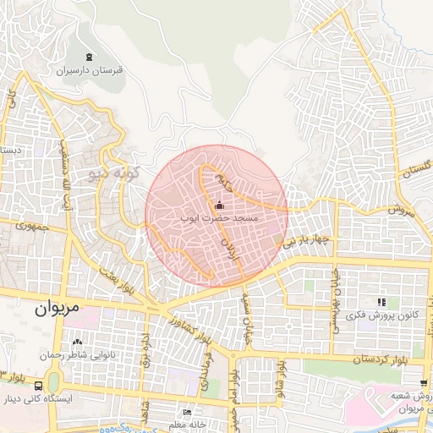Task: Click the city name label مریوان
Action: click(56, 310)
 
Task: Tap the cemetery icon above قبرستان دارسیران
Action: click(90, 58)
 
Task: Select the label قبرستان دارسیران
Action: click(90, 71)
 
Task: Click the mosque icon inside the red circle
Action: click(219, 205)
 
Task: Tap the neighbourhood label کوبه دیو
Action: click(107, 174)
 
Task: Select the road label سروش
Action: click(403, 208)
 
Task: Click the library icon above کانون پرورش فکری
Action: click(381, 302)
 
